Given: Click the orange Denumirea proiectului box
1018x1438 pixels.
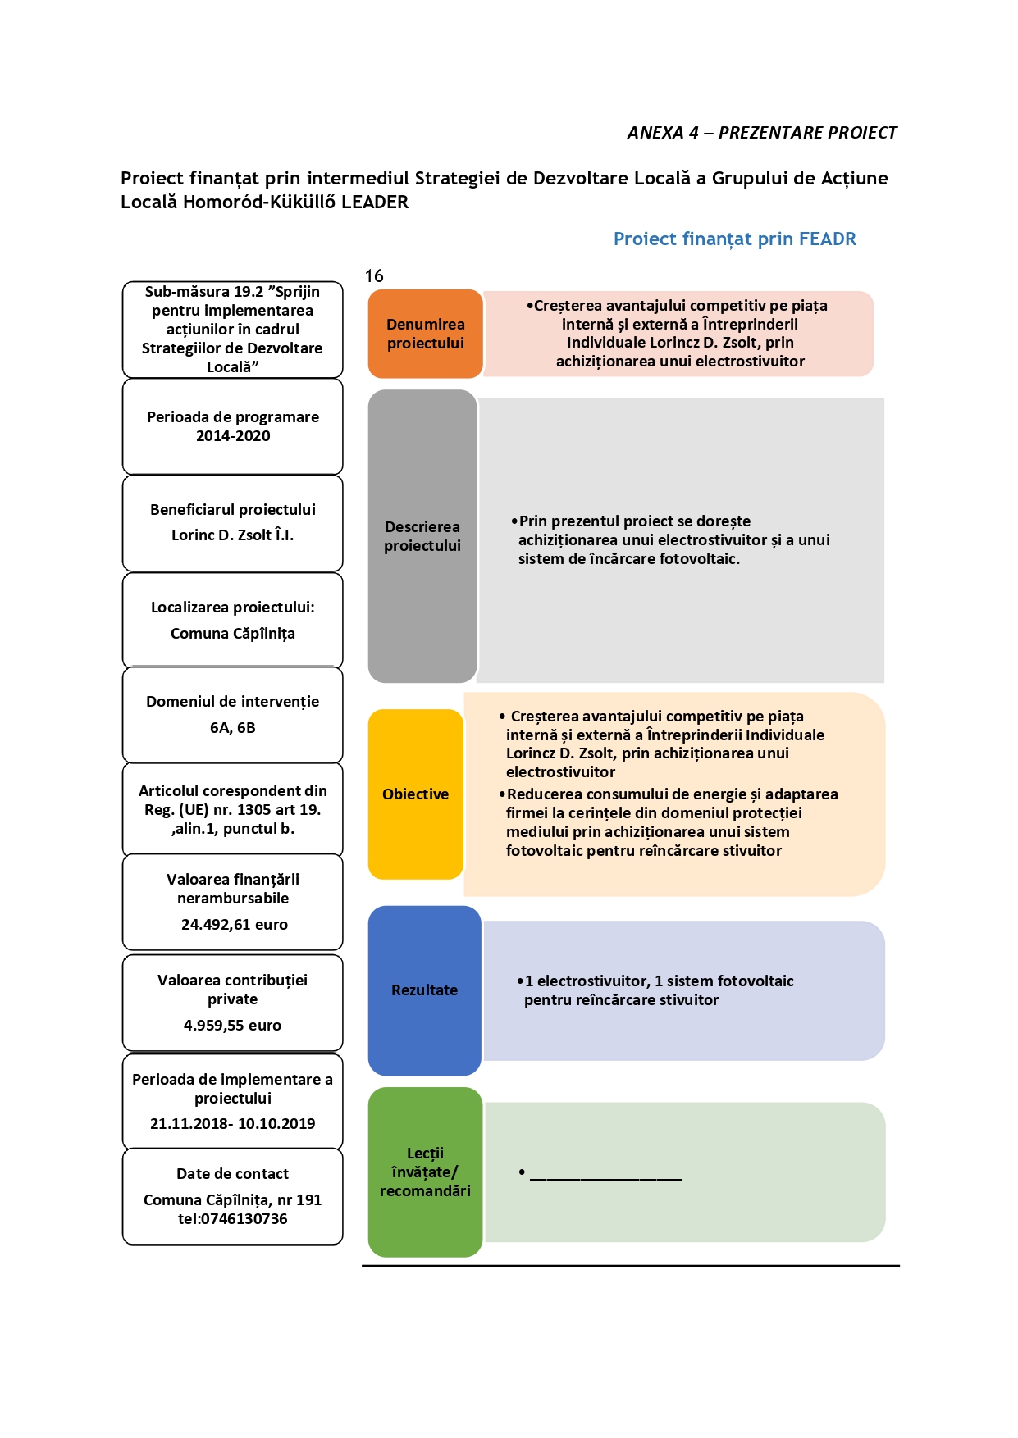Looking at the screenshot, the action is point(425,334).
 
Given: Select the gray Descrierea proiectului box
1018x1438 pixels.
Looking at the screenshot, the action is point(422,536).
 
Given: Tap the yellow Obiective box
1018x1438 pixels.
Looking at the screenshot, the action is point(416,794).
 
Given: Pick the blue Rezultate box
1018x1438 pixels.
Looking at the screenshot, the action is point(424,990).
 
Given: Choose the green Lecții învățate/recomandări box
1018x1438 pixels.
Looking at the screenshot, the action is point(425,1172).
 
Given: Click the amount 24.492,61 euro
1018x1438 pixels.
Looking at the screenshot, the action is point(235,925).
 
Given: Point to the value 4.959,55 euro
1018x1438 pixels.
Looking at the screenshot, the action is point(232,1026).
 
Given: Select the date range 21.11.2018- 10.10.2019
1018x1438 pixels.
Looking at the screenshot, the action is point(232,1124).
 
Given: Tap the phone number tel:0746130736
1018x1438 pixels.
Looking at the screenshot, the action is point(232,1219).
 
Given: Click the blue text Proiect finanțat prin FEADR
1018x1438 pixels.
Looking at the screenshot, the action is point(735,239).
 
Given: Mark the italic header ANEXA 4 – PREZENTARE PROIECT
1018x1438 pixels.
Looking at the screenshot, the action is point(762,133).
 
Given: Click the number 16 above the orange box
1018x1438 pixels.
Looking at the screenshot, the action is point(374,276).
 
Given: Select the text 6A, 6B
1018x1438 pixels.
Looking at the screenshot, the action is point(233,728).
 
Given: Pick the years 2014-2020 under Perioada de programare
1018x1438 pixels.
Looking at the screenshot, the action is point(233,436).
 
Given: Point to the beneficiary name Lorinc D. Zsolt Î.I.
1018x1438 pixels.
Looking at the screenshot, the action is point(232,535).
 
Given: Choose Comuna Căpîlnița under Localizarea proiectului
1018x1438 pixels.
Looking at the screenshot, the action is point(233,634).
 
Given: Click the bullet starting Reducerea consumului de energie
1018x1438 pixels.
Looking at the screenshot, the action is point(669,822).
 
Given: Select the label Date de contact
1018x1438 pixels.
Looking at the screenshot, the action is point(232,1174).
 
